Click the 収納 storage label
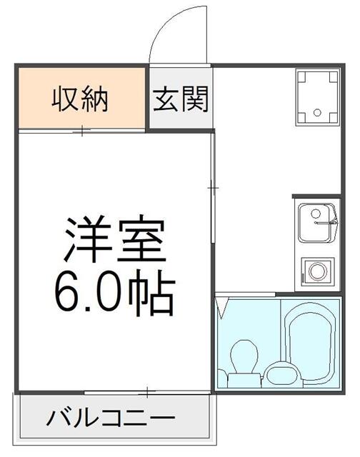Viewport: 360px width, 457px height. click(x=80, y=99)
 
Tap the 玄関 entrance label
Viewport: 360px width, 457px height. click(x=180, y=99)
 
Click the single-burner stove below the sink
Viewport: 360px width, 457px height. click(x=316, y=272)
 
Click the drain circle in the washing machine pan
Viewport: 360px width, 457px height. click(x=316, y=112)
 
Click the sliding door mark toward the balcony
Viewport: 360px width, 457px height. click(x=146, y=392)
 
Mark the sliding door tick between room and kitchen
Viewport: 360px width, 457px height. click(x=213, y=187)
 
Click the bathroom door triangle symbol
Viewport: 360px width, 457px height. click(x=223, y=308)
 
